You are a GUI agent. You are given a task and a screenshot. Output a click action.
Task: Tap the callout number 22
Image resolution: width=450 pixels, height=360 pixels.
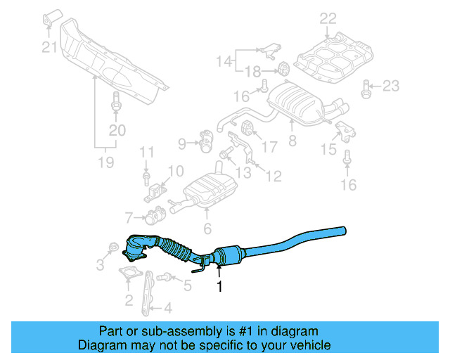click(x=328, y=18)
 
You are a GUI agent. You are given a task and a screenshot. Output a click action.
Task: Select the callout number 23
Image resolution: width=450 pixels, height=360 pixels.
click(x=390, y=87)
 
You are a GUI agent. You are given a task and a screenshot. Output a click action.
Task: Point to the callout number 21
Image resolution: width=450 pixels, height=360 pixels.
click(x=48, y=48)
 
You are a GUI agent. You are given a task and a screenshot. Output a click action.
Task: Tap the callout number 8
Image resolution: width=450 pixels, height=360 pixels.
click(x=292, y=141)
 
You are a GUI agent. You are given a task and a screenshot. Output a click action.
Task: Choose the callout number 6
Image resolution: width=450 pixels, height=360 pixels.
click(x=207, y=229)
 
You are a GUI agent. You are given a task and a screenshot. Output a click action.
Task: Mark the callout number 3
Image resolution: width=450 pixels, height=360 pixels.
click(x=100, y=264)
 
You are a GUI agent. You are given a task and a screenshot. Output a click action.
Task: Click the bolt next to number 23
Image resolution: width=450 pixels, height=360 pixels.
click(x=366, y=88)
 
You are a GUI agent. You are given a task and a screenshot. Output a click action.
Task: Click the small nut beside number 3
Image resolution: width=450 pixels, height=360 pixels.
click(x=113, y=247)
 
